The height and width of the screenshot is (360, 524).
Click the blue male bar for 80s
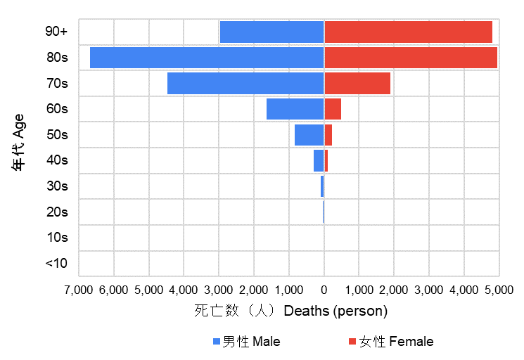pyautogui.click(x=207, y=58)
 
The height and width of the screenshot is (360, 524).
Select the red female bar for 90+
pyautogui.click(x=408, y=32)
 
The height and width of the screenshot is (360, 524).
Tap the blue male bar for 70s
pyautogui.click(x=245, y=84)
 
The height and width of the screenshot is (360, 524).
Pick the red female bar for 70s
pyautogui.click(x=357, y=84)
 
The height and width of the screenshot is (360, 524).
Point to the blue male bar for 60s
pyautogui.click(x=295, y=109)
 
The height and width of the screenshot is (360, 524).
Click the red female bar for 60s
pyautogui.click(x=333, y=109)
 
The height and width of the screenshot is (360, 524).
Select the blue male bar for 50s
pyautogui.click(x=309, y=135)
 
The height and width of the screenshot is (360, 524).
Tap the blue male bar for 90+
pyautogui.click(x=271, y=32)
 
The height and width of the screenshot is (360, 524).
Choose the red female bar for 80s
pyautogui.click(x=411, y=58)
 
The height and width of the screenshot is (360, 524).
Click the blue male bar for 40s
pyautogui.click(x=319, y=160)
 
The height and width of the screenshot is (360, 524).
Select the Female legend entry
pyautogui.click(x=390, y=342)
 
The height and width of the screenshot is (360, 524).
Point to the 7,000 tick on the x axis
pyautogui.click(x=79, y=289)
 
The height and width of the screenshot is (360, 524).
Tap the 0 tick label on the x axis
pyautogui.click(x=324, y=289)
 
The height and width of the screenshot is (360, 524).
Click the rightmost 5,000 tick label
pyautogui.click(x=499, y=289)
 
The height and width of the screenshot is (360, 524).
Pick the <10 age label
pyautogui.click(x=56, y=264)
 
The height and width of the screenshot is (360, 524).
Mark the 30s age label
pyautogui.click(x=56, y=186)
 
